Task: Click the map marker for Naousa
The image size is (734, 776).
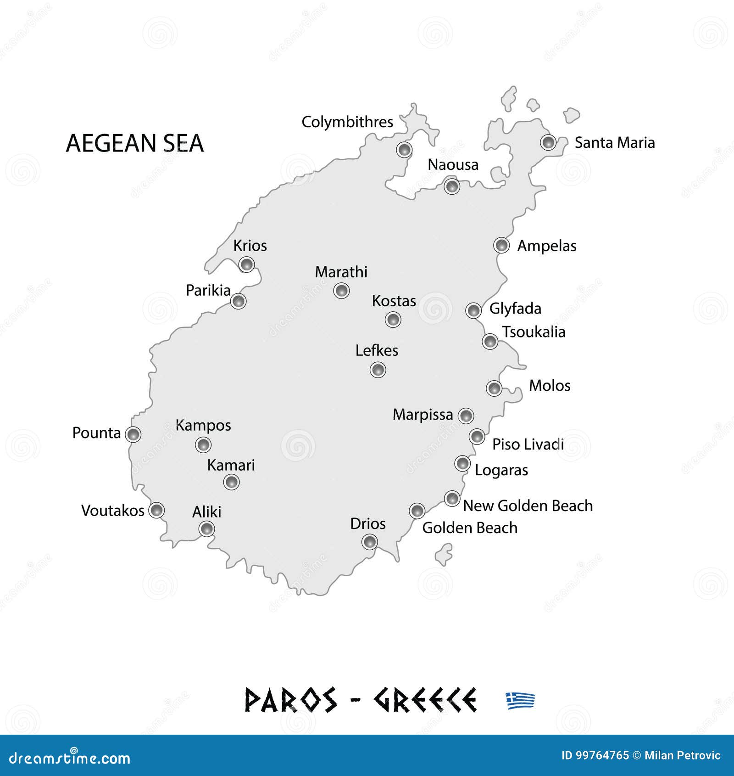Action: (452, 186)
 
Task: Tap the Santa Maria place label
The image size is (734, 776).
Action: (614, 143)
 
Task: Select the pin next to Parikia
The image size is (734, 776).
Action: (238, 301)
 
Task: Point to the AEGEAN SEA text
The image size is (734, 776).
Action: (135, 143)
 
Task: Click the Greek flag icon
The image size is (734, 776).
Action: (521, 701)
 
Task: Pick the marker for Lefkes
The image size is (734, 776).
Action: (378, 370)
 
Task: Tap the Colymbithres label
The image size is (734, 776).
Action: (347, 122)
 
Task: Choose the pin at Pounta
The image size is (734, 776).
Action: (133, 434)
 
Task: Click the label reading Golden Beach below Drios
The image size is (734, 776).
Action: (469, 528)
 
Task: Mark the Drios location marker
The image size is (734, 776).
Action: (369, 542)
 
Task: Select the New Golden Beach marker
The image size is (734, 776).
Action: (452, 498)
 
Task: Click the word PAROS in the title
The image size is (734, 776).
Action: (291, 700)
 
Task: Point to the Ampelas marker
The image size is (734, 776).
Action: (501, 245)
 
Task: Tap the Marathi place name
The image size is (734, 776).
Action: (341, 272)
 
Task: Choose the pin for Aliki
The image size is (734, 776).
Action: (206, 529)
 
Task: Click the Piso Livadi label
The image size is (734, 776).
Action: (528, 444)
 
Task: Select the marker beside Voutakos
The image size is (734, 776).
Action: (157, 510)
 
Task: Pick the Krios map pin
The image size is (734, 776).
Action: (246, 264)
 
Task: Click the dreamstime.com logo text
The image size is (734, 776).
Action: (70, 758)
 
